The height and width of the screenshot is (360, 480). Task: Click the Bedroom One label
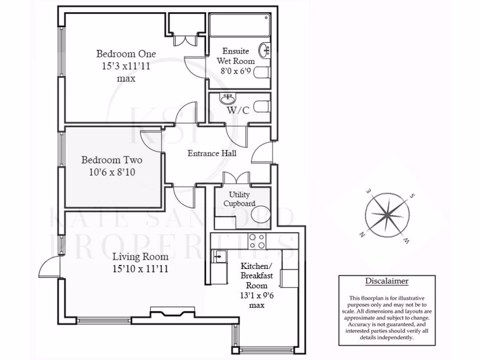tap(126, 53)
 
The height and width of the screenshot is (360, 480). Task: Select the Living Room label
tap(140, 257)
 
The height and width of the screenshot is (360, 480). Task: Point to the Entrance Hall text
tap(212, 153)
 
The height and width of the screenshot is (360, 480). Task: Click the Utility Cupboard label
tap(239, 199)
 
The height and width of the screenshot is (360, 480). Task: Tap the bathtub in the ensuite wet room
tap(240, 25)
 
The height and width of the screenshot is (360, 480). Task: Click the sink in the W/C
tap(228, 99)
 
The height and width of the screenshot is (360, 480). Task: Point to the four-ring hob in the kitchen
tap(257, 241)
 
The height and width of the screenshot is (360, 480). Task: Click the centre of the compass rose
tap(387, 215)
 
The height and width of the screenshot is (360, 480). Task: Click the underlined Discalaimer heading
tap(387, 282)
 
